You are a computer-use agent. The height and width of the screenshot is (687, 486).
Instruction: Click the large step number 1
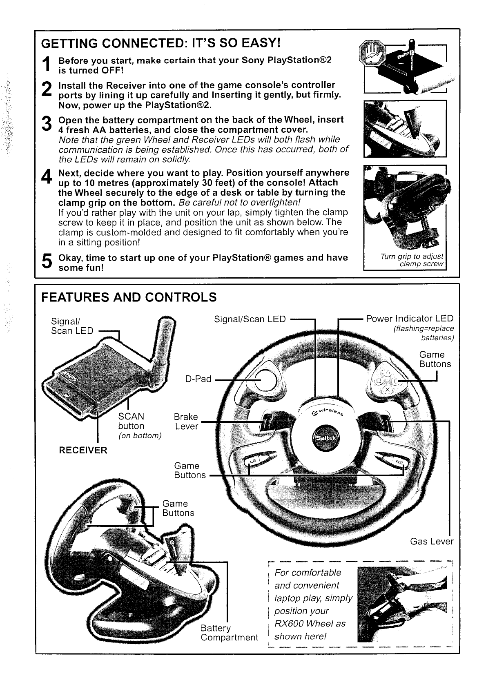[x=48, y=65]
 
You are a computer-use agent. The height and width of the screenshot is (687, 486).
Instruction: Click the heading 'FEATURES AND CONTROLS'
[x=129, y=297]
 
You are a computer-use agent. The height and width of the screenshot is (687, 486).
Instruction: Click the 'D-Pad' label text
[x=198, y=379]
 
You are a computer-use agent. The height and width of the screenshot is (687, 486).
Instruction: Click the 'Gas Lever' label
[x=432, y=541]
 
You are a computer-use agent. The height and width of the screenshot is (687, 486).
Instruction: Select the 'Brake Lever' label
[x=186, y=422]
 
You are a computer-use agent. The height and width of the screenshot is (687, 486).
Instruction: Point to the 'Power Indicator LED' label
[x=410, y=319]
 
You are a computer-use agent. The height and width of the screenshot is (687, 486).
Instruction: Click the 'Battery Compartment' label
[x=229, y=633]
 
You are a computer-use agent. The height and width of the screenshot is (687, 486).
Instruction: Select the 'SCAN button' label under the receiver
[x=131, y=421]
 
